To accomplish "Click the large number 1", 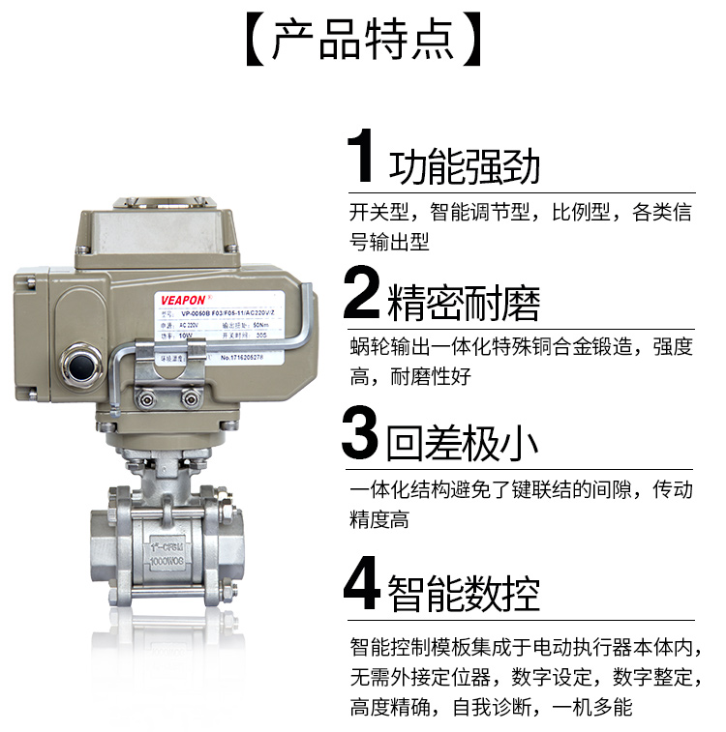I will point(363,159).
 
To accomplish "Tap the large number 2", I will point(363,296).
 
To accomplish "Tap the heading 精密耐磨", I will point(465,303).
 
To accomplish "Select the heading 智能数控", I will point(465,592).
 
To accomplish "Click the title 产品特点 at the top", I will point(362,41).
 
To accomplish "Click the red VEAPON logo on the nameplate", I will point(178,299).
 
